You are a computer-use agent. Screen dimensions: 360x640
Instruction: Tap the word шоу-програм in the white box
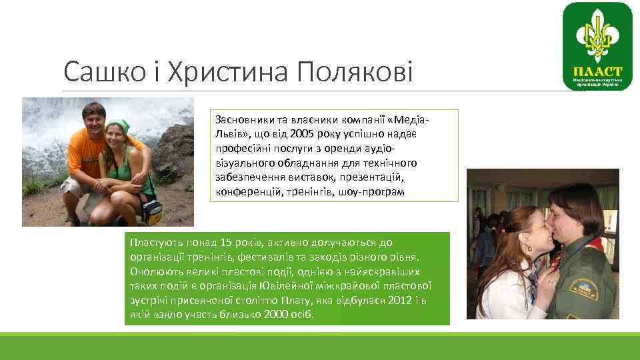tap(372, 191)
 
